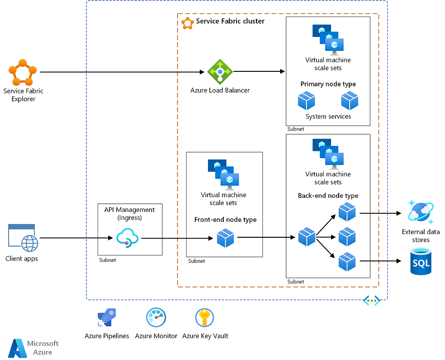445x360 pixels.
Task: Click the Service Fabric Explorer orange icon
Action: coord(23,72)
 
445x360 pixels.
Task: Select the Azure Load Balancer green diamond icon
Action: coord(220,71)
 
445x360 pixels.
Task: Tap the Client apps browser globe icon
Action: coord(22,238)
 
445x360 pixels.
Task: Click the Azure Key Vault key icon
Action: coord(204,317)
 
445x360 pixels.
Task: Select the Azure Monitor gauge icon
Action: coord(156,317)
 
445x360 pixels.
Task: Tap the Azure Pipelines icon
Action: coord(107,317)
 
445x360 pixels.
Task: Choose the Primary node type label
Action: coord(328,84)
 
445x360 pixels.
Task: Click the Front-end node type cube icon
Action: coord(225,237)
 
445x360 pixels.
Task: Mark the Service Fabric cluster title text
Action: coord(230,21)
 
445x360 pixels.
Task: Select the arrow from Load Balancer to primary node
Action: coord(259,71)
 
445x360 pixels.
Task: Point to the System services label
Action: coord(328,116)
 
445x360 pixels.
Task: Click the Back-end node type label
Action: coord(328,196)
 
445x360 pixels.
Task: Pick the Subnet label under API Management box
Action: coord(108,260)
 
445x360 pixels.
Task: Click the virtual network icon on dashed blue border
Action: coord(371,300)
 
